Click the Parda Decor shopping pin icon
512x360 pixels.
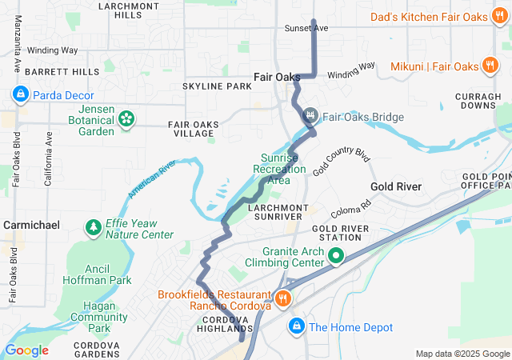[19, 95]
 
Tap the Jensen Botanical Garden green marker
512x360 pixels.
[126, 119]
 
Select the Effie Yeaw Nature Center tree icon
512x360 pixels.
[94, 229]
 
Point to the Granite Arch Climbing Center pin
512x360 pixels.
[335, 256]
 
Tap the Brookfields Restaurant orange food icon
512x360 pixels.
[282, 298]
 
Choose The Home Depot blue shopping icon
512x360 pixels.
[296, 326]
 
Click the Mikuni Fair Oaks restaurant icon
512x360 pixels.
[490, 66]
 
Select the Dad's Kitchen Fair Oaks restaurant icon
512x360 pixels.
[499, 16]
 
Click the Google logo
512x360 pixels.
[26, 350]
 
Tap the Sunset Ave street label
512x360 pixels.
[306, 28]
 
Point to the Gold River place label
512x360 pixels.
[395, 186]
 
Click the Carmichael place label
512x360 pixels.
[30, 226]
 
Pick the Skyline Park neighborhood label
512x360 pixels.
[217, 86]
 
